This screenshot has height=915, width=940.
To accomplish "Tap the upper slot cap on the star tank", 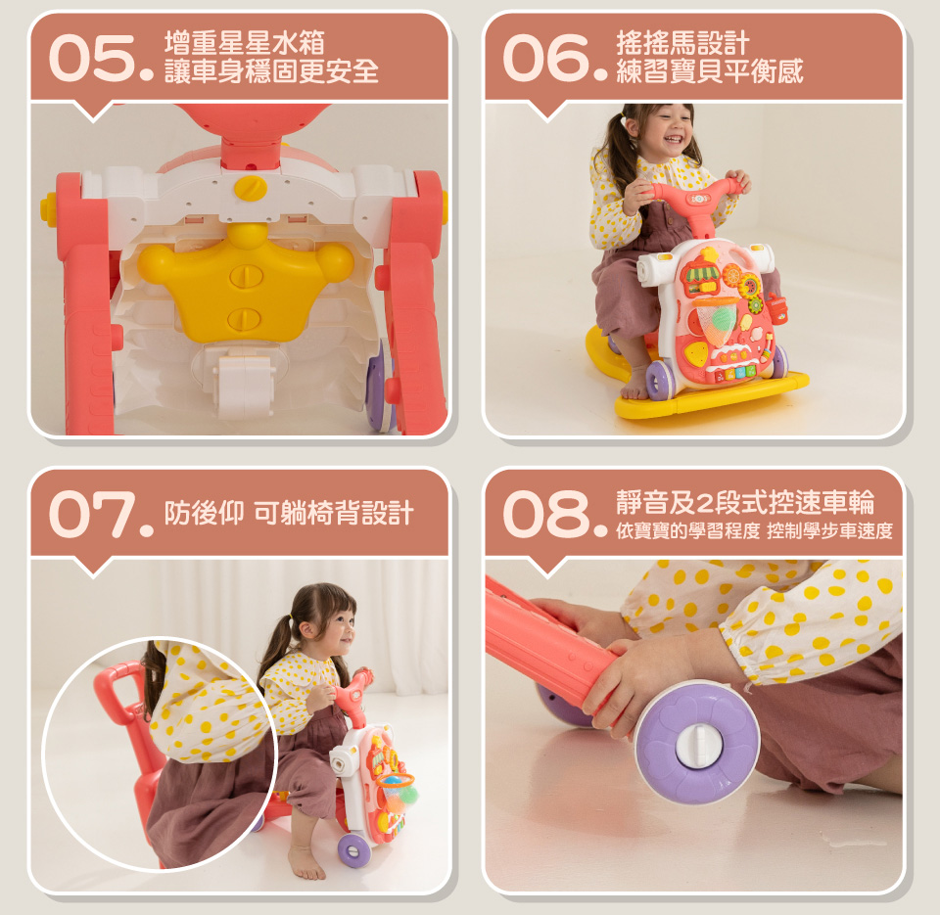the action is [x=246, y=276].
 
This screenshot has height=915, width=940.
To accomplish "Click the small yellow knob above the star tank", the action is [x=251, y=188].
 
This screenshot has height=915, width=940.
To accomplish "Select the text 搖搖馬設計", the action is [x=682, y=43].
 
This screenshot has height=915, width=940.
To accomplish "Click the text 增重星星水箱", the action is [x=244, y=43].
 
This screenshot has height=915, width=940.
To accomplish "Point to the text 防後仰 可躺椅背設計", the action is [x=289, y=513].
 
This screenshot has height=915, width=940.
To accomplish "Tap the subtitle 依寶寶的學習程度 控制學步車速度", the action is [x=754, y=531].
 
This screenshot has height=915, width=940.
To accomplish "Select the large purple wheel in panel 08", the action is [x=697, y=742].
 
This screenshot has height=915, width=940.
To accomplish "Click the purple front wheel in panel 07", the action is [x=353, y=850].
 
